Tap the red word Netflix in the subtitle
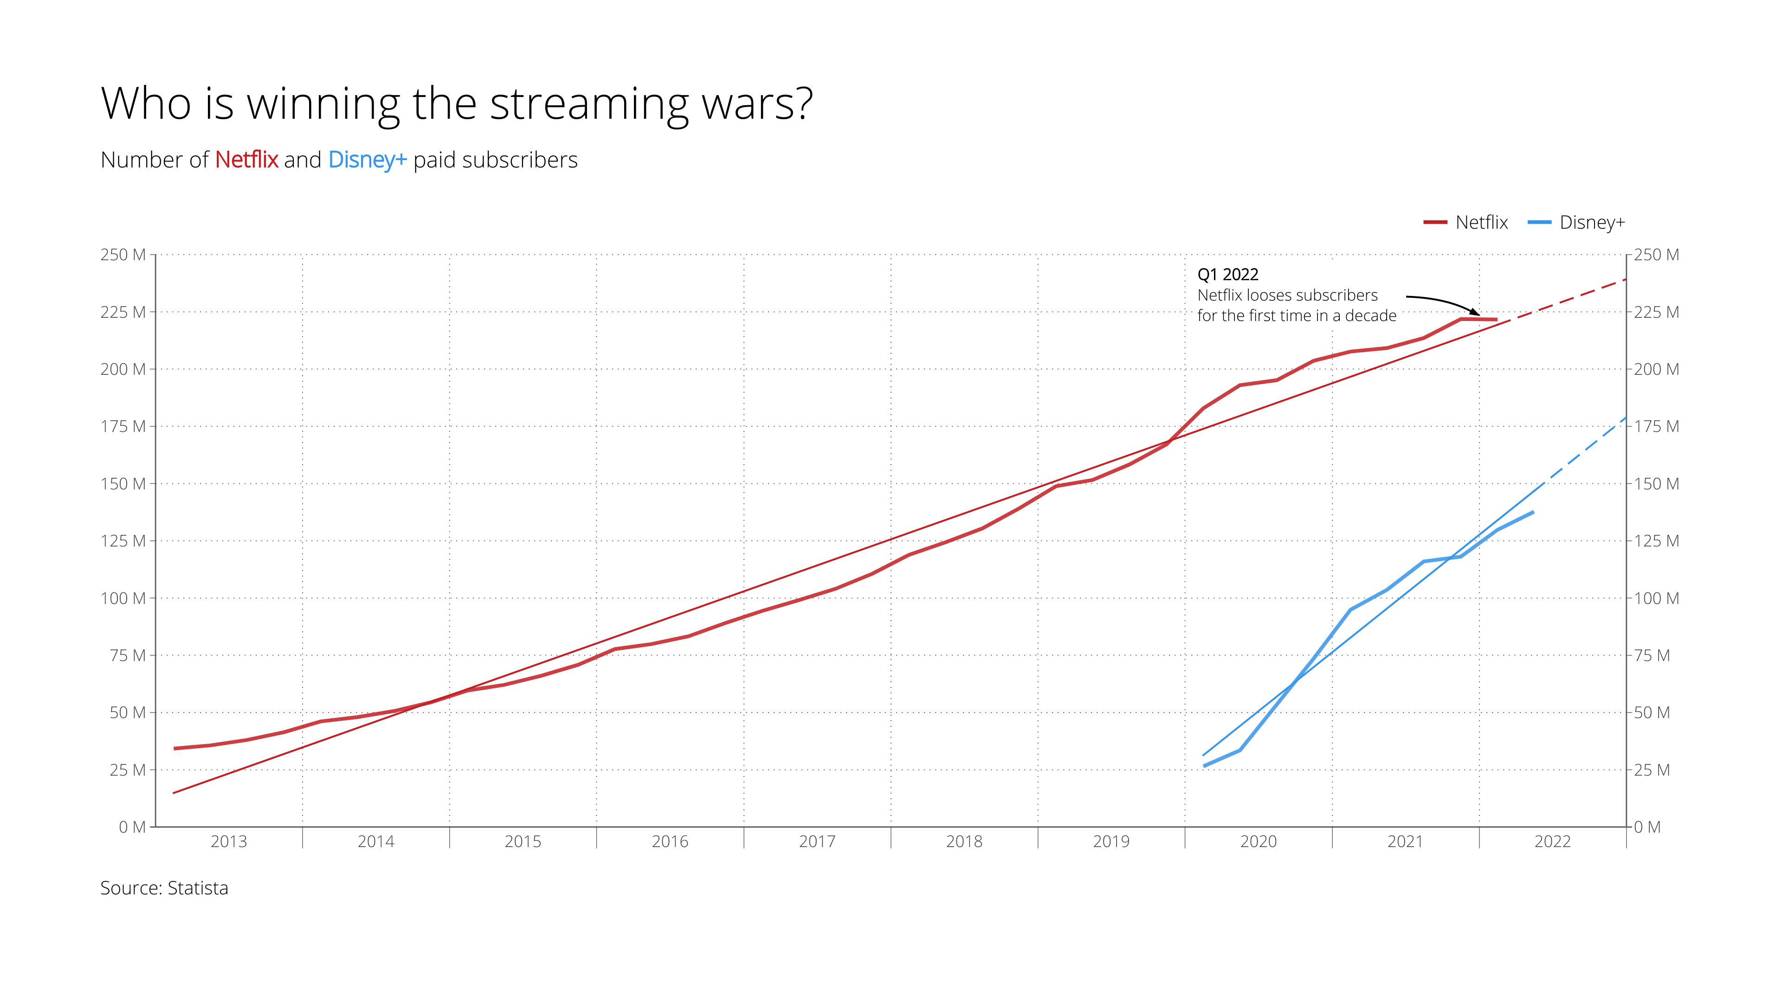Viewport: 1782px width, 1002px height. pos(246,160)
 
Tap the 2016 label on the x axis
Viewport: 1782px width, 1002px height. pos(670,841)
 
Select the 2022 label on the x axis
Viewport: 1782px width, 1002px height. pos(1552,841)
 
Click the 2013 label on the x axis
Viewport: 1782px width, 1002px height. pos(228,841)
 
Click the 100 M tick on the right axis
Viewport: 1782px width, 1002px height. pos(1656,598)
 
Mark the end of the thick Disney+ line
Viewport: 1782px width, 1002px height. pos(1533,513)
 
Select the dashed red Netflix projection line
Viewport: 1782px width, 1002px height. pos(1570,299)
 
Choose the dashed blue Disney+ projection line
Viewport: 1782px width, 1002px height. pos(1588,450)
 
